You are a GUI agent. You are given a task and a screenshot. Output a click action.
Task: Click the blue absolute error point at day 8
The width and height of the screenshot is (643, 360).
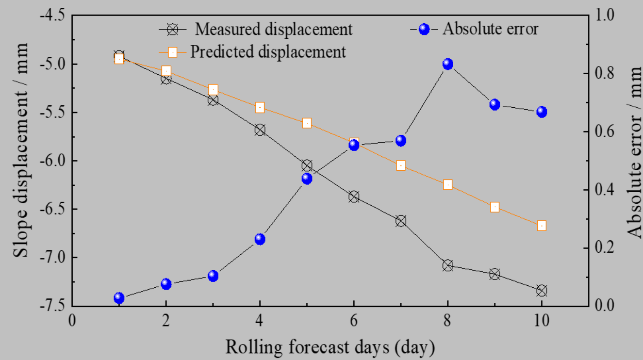(447, 64)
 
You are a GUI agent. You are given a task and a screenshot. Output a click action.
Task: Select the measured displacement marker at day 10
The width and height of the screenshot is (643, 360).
(542, 290)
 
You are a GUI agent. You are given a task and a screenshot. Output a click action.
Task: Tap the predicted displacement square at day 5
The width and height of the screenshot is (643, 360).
(307, 123)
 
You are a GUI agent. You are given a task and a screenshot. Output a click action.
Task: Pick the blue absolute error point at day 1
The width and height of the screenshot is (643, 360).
(119, 298)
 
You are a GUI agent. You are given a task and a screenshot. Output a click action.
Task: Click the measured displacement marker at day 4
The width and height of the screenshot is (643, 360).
(260, 130)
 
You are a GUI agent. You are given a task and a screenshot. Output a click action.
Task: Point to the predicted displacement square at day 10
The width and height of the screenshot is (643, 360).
(542, 226)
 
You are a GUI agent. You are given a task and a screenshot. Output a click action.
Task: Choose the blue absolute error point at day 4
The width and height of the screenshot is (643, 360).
(260, 239)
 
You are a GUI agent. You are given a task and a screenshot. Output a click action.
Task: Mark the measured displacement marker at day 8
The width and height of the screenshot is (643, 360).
(447, 266)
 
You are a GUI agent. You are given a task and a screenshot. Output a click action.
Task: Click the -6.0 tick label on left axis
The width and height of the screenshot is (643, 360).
(52, 160)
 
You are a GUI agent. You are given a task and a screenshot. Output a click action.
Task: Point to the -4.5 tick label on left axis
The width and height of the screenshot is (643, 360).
(52, 16)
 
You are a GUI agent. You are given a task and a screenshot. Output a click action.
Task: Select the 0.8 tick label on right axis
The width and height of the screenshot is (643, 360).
(605, 73)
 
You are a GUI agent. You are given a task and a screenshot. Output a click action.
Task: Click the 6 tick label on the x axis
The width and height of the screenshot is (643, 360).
(353, 321)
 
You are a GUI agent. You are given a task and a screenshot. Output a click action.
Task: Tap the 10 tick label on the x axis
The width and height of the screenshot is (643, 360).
(541, 321)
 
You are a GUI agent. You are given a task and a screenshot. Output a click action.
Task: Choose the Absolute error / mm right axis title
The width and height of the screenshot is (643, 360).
(634, 152)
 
